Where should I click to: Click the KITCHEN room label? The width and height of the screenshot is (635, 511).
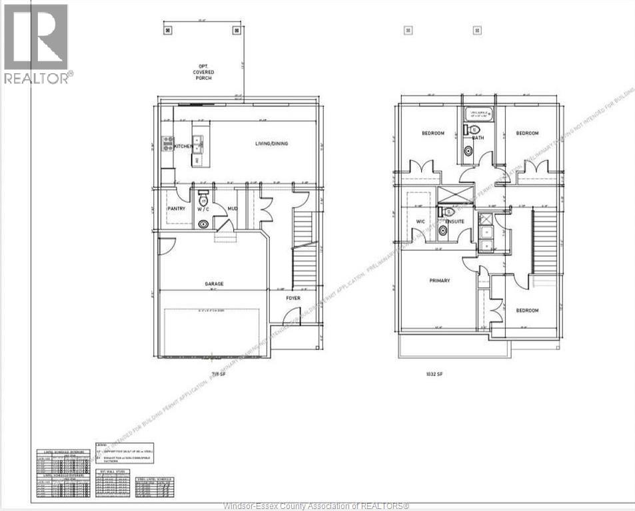(x=183, y=146)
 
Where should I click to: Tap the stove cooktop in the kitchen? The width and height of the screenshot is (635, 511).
(x=167, y=143)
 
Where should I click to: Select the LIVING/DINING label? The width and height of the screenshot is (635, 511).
(x=271, y=144)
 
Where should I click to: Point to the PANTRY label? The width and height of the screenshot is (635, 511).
(x=176, y=209)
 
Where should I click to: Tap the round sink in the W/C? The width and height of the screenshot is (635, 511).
(x=203, y=224)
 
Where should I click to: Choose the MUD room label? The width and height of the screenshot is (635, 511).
(x=233, y=209)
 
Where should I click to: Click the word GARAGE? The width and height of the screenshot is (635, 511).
(x=214, y=284)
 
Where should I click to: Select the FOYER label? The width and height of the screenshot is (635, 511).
(x=293, y=298)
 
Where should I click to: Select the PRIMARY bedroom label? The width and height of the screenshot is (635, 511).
(x=438, y=281)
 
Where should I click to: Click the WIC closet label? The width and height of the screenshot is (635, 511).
(x=420, y=222)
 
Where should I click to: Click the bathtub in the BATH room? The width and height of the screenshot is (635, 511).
(x=478, y=114)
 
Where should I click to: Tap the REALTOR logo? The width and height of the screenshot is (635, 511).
(x=37, y=44)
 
